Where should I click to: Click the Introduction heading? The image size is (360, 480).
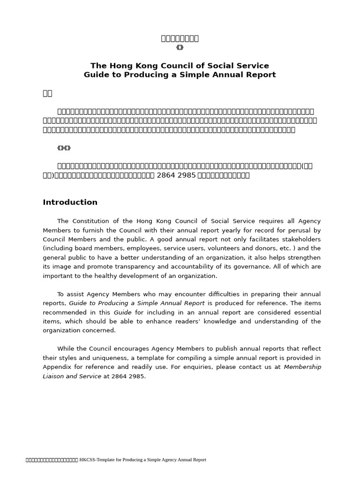[70, 202]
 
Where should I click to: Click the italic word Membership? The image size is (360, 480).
[302, 367]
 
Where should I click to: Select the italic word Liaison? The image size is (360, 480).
[53, 376]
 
